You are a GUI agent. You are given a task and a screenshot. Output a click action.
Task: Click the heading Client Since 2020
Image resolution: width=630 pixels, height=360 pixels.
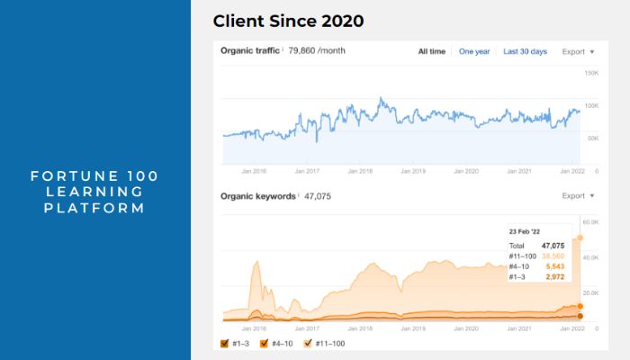(288, 21)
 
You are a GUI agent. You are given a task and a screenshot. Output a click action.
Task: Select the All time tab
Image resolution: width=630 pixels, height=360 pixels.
(431, 51)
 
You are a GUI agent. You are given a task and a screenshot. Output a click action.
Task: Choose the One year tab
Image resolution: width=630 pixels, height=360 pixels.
(474, 51)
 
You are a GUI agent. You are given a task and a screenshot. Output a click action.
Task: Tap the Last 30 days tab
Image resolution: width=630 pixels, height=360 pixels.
(525, 51)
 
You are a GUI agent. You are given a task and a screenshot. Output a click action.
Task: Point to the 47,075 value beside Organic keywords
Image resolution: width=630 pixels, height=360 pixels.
(318, 195)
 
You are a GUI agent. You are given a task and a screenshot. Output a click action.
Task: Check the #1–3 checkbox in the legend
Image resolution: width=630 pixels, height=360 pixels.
(225, 343)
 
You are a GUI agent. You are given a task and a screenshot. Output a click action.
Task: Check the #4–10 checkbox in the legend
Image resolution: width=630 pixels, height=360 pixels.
(265, 343)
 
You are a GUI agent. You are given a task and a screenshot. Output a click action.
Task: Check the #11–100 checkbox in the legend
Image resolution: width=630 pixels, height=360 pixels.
(309, 343)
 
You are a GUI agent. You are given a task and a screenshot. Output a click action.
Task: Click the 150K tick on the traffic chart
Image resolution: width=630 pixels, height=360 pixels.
(591, 73)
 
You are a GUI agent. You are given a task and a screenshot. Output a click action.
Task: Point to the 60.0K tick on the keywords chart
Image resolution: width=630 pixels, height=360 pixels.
(590, 221)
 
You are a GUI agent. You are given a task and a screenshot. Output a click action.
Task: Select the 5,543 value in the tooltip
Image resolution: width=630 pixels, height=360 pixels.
(554, 267)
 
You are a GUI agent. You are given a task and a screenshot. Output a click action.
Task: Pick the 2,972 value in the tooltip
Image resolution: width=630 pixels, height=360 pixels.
(554, 277)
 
